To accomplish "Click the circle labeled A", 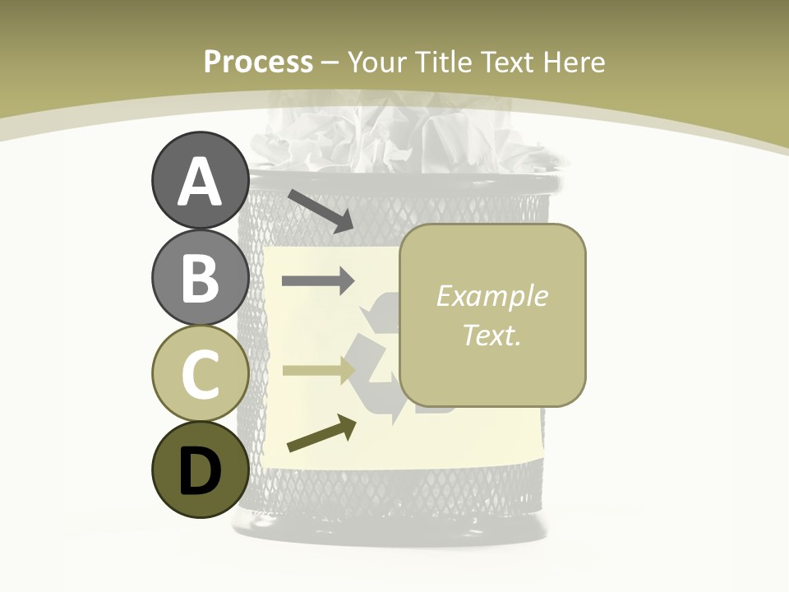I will [200, 181].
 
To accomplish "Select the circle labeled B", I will [200, 277].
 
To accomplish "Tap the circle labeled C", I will [200, 374].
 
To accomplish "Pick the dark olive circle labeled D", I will [200, 470].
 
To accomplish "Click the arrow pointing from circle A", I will [320, 210].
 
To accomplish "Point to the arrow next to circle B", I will [317, 281].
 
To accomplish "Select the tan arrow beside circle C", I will [317, 370].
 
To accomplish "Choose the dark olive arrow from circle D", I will [321, 433].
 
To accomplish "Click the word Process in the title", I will [258, 62].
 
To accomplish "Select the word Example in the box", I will [492, 296].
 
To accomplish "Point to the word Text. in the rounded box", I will [492, 335].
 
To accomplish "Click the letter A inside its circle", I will [200, 183].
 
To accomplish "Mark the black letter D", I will [200, 471].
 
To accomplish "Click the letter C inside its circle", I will [200, 375].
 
